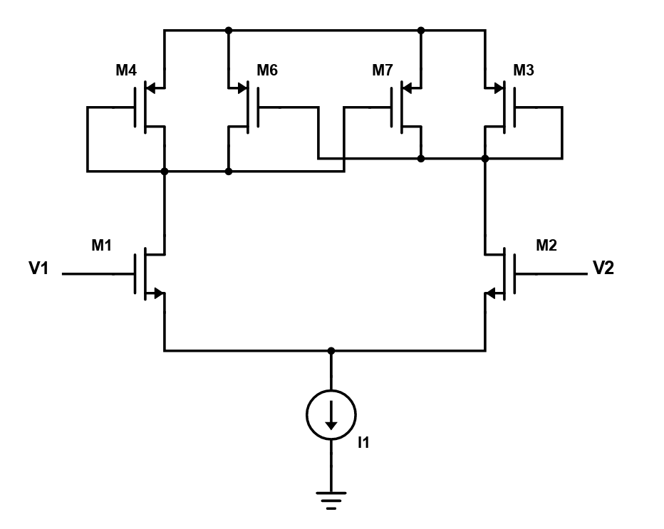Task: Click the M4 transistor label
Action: [126, 70]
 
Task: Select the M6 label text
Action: [267, 70]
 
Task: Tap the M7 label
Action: [383, 70]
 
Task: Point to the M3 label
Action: [524, 70]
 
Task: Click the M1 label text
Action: [102, 245]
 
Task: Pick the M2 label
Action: [546, 245]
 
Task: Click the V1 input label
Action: [38, 268]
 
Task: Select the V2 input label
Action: [603, 268]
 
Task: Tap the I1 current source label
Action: [364, 442]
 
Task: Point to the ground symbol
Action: [331, 501]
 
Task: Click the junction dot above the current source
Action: [331, 351]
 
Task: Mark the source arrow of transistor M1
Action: [159, 293]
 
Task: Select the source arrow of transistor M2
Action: [490, 293]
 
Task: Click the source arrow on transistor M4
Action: [151, 89]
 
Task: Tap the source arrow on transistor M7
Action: [407, 89]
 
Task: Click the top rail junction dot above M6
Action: [229, 31]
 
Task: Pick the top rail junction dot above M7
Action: [421, 31]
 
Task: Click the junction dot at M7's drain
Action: [421, 159]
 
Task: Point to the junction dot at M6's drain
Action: [229, 172]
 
